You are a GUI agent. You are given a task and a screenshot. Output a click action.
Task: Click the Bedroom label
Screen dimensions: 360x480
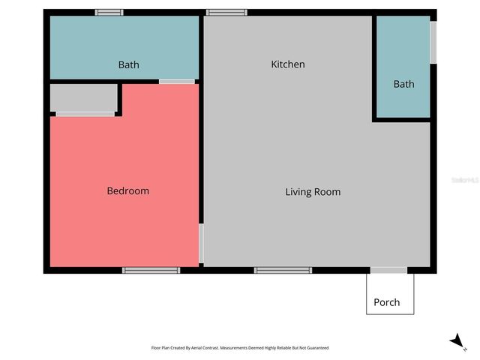128,191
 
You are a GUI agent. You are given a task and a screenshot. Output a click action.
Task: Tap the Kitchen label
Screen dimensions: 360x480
288,64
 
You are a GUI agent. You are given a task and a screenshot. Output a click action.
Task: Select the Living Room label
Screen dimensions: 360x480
313,192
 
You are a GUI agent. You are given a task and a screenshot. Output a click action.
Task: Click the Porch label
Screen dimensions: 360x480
387,303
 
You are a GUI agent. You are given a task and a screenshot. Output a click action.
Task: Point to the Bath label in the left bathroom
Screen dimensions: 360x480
129,65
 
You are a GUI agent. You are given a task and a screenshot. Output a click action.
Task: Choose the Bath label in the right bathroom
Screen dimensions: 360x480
403,84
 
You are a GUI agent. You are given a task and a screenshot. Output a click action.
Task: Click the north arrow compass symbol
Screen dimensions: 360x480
457,341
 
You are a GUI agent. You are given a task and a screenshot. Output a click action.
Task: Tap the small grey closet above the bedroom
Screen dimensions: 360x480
83,98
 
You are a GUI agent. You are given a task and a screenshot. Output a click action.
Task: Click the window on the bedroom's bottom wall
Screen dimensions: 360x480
151,270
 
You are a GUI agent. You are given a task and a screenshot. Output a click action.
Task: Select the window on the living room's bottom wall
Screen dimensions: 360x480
283,270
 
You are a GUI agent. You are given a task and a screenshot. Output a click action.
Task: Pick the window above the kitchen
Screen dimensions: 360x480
226,12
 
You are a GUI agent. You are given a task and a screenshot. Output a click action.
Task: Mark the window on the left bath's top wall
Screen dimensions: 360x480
109,12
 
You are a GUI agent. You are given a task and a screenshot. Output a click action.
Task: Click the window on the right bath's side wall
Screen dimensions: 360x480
433,43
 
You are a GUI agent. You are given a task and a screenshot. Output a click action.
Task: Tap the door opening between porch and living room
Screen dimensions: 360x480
388,270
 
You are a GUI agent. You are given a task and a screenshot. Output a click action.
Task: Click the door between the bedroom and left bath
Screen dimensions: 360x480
177,81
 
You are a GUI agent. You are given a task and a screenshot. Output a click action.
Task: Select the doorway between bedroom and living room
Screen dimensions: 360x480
201,243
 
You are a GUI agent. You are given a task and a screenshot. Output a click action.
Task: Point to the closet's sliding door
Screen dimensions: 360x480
85,114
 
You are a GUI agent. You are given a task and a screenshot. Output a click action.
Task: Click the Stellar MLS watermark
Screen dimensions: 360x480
465,180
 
